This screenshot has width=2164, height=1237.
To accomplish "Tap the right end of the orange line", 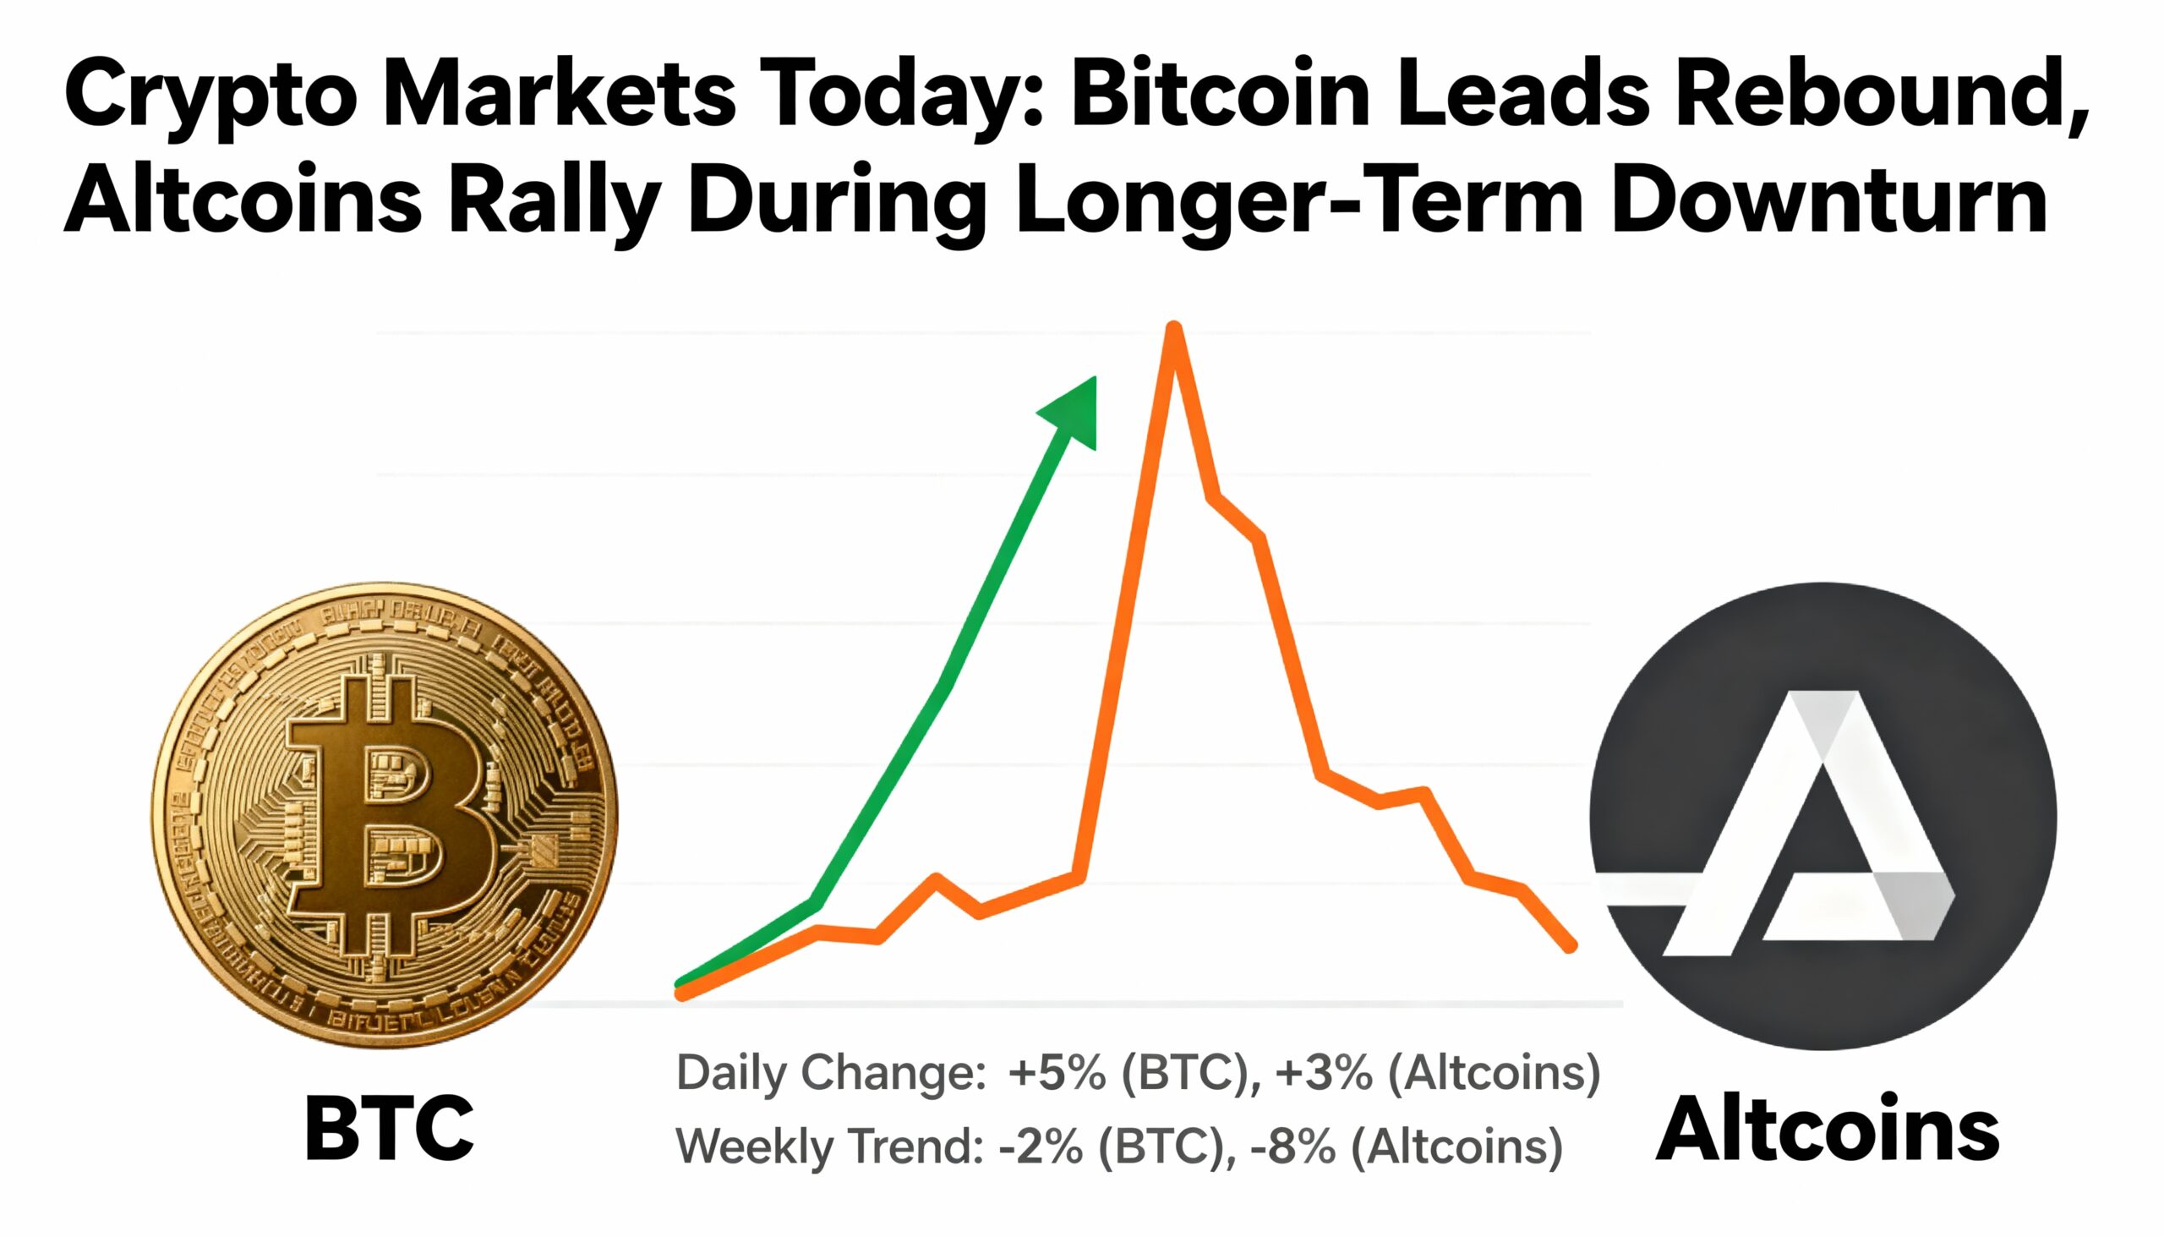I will [x=1571, y=945].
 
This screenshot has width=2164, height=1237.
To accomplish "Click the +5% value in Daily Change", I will [x=1057, y=1073].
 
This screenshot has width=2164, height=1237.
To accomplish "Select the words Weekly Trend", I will [x=829, y=1146].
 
